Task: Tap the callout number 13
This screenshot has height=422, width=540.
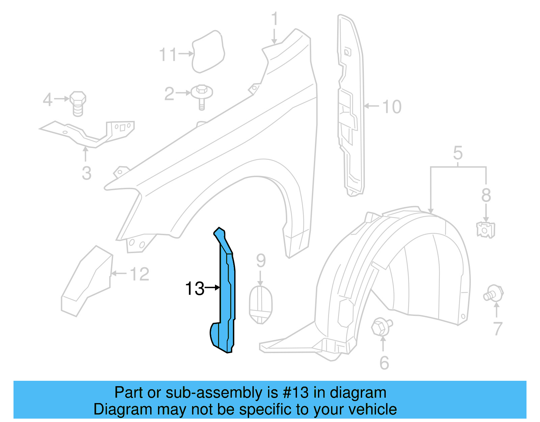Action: tap(195, 289)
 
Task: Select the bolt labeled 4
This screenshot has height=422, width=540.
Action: tap(78, 103)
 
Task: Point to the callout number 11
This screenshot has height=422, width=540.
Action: tap(168, 54)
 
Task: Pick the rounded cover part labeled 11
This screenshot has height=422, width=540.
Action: tap(208, 52)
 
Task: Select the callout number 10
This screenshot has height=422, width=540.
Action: tap(391, 107)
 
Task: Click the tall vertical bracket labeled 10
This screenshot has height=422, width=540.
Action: tap(351, 105)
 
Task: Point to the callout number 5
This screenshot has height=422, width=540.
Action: tap(458, 153)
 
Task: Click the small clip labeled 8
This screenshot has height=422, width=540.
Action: tap(485, 229)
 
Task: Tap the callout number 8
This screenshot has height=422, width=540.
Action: tap(486, 195)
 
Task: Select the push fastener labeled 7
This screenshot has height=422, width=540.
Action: tap(493, 293)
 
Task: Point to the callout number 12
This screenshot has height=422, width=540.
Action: tap(139, 274)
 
